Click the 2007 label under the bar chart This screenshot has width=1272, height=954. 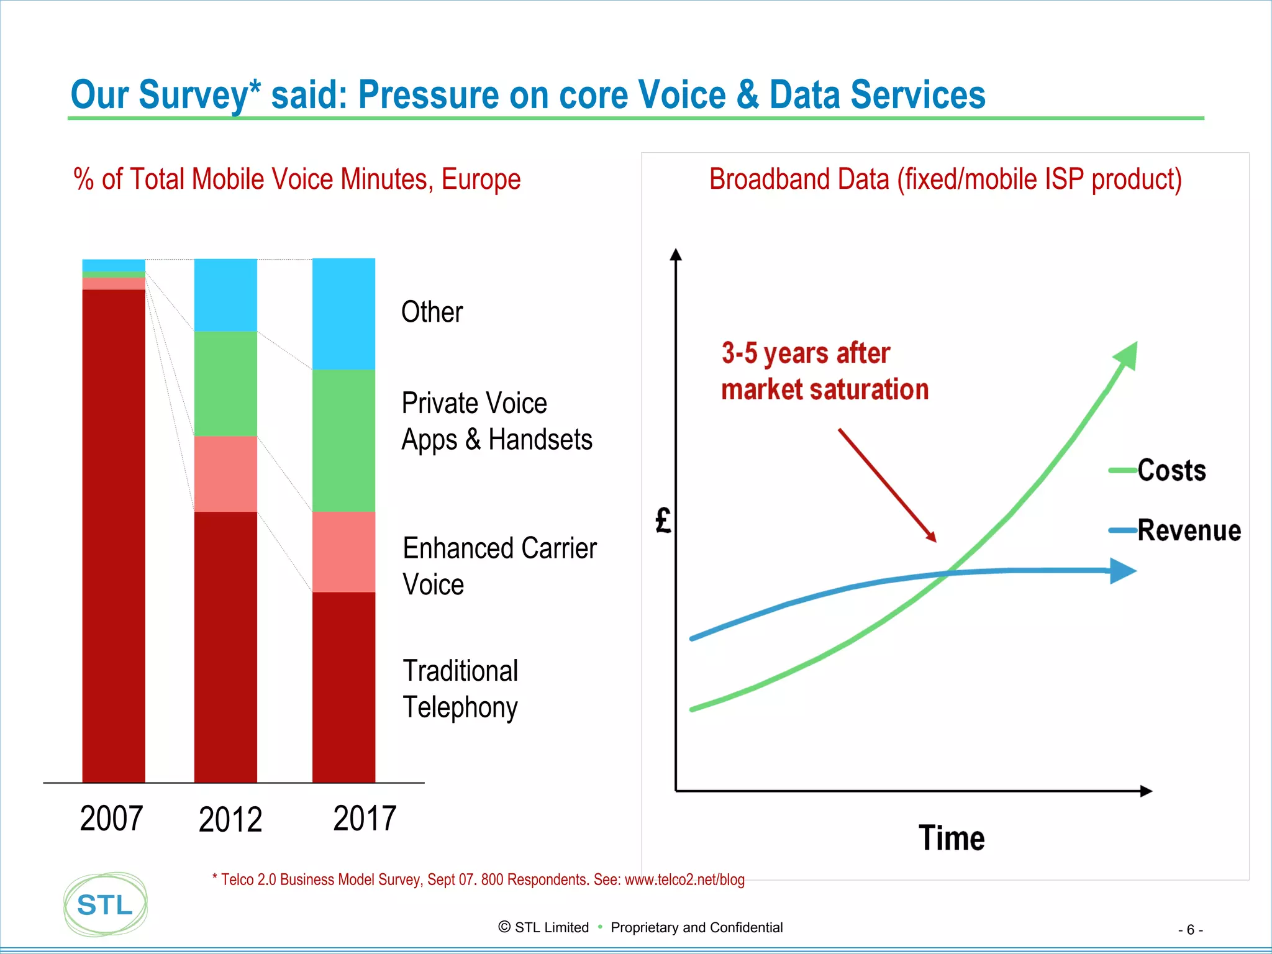(x=112, y=818)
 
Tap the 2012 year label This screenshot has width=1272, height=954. (x=230, y=819)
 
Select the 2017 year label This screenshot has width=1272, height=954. (x=365, y=818)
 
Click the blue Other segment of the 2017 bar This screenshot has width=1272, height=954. (x=343, y=314)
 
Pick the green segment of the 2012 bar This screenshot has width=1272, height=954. (x=225, y=383)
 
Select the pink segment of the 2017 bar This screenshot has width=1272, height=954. (x=343, y=552)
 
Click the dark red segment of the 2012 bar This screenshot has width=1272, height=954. (x=225, y=646)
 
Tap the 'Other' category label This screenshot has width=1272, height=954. (x=432, y=312)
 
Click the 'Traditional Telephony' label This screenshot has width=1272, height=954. (x=460, y=689)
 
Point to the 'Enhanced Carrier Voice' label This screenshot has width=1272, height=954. (x=499, y=566)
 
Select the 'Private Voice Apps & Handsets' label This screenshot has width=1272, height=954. (x=496, y=421)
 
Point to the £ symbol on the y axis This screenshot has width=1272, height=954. (x=663, y=520)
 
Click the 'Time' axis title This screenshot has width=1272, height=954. (x=951, y=838)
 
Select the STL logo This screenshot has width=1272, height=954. (x=106, y=904)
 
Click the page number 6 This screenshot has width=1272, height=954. (x=1190, y=930)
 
